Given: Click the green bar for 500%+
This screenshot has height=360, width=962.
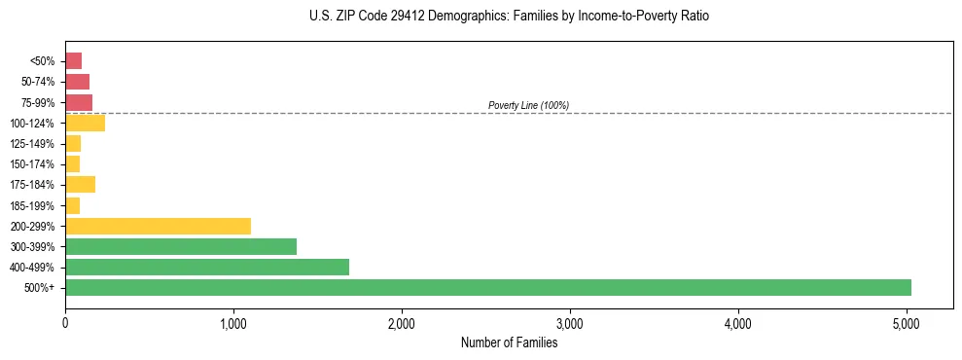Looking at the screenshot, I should tap(487, 287).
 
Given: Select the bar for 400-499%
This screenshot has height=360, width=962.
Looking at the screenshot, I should tap(207, 267).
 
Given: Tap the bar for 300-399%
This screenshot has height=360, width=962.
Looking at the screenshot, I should tap(181, 246).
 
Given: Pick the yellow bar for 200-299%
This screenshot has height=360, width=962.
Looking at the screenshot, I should tap(158, 226).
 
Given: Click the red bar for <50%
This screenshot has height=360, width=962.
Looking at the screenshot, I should tap(73, 61).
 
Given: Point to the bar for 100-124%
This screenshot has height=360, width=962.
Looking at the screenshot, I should tap(85, 123).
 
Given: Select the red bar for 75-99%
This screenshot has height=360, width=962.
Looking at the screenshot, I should tap(79, 102).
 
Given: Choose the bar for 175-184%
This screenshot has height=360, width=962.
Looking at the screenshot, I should tap(80, 185).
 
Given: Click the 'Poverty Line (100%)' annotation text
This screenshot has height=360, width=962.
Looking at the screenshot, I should tap(528, 105).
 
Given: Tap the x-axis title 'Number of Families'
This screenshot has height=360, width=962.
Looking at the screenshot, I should tap(509, 342).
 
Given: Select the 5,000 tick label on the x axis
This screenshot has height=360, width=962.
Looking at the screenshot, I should tap(907, 323).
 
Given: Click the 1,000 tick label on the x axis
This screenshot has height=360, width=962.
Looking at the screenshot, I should tap(233, 323).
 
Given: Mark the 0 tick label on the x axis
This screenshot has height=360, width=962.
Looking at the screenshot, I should tap(65, 323).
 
